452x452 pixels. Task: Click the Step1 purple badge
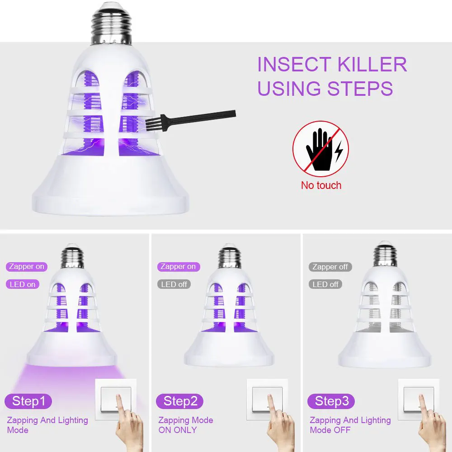28,401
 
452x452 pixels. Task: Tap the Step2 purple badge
179,401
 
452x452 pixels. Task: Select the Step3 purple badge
331,401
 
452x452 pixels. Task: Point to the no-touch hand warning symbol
320,149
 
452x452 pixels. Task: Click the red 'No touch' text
321,185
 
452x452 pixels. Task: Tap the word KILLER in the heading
372,64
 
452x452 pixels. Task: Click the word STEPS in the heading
360,88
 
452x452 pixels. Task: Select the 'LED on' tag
23,284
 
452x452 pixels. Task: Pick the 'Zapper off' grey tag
330,267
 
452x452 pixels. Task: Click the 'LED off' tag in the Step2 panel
174,284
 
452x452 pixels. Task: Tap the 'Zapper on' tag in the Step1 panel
27,267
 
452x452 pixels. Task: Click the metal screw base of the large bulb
111,24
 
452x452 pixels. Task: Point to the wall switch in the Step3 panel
419,399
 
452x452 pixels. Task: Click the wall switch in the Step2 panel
267,399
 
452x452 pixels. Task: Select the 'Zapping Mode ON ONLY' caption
186,425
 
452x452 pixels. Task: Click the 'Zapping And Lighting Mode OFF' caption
350,425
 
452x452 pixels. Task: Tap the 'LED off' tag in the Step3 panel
325,284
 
